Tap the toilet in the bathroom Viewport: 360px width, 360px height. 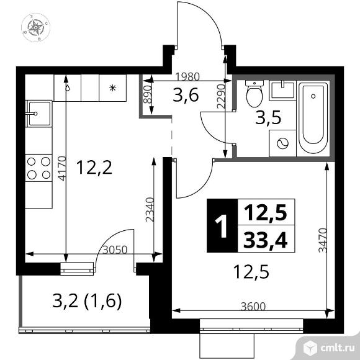click(254, 94)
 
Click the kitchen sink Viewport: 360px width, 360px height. click(36, 114)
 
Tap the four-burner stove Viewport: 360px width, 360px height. click(37, 168)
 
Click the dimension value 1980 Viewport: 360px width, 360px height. click(186, 77)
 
